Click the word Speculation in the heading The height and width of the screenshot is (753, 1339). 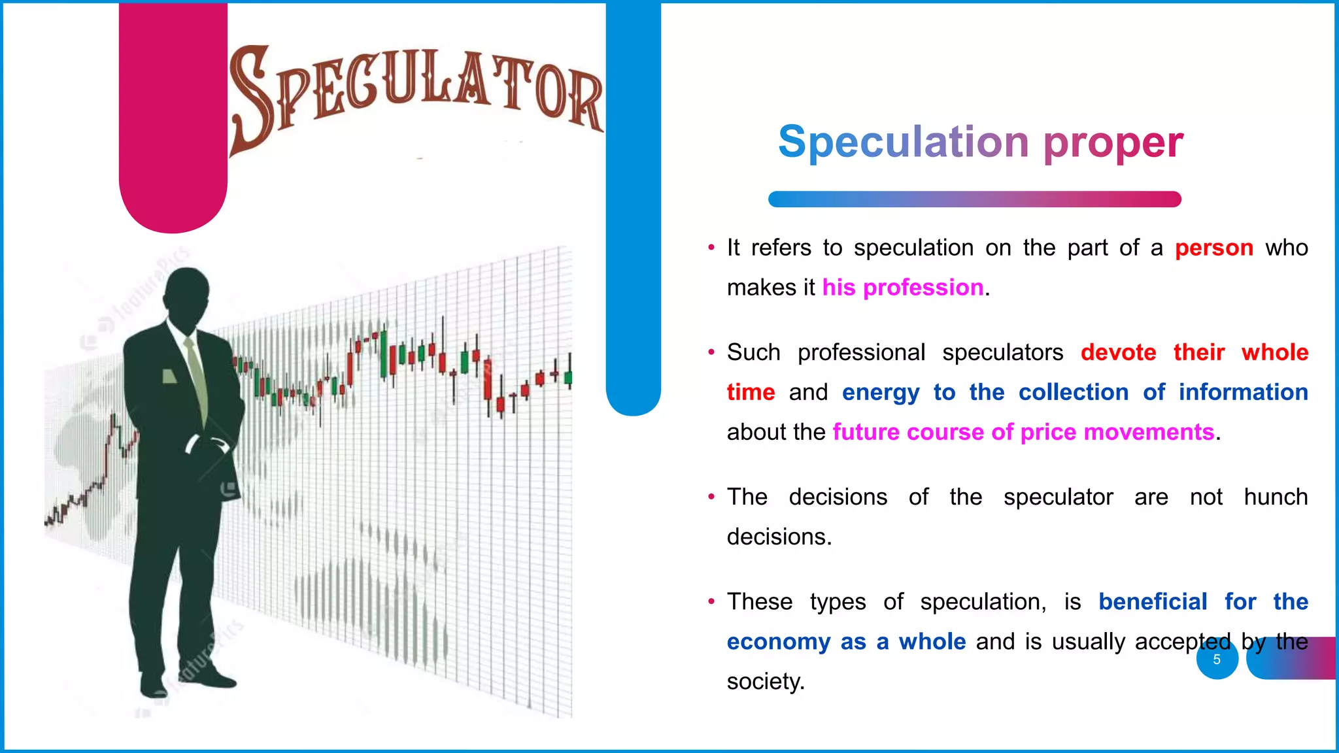(904, 142)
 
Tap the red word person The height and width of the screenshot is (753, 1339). (1213, 248)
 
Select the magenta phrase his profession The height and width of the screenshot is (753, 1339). (902, 288)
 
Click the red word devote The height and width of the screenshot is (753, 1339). (1118, 352)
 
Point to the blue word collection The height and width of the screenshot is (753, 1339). (1073, 392)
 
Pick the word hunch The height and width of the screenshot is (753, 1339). (1275, 497)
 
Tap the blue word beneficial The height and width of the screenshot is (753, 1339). (1152, 601)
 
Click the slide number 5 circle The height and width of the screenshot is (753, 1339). (1217, 659)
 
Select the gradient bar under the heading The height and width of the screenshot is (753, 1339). (974, 199)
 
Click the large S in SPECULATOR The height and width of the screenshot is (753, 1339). (251, 98)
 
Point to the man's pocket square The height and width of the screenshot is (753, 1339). (169, 376)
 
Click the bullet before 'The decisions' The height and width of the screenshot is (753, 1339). (711, 497)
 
